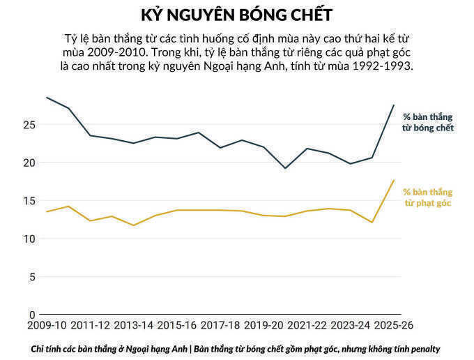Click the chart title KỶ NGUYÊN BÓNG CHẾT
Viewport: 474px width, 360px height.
pos(237,15)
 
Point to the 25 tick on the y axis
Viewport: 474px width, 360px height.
pos(29,125)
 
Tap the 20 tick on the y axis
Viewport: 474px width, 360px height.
pos(29,163)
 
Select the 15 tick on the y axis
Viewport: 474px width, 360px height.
pos(29,201)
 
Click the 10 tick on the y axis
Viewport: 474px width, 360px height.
pos(29,239)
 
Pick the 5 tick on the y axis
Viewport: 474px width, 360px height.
pos(31,277)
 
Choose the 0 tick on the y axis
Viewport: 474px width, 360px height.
pos(31,315)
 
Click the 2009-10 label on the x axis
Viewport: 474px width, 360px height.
pos(47,326)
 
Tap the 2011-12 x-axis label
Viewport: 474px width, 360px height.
pos(91,326)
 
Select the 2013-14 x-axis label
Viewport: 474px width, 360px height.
pos(134,326)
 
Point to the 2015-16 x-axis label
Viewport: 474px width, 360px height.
pos(178,326)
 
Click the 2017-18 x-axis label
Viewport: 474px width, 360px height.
pos(221,326)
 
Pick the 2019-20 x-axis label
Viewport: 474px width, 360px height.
pos(264,326)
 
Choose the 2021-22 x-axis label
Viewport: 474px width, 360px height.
pos(307,326)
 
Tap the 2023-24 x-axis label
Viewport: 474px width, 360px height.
pos(351,326)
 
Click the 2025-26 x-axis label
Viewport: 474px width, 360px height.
pos(394,326)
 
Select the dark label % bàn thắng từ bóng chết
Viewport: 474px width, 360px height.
pos(428,123)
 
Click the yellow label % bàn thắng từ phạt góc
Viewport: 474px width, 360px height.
pos(428,197)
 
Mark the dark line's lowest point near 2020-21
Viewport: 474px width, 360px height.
pos(285,168)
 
